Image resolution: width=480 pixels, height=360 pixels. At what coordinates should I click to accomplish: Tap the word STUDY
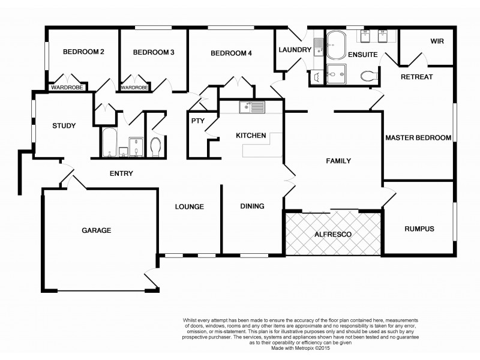64,126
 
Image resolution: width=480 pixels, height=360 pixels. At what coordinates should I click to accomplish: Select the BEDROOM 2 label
83,53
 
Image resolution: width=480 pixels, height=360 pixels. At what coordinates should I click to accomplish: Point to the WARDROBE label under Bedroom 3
134,88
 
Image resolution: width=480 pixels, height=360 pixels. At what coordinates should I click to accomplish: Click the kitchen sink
251,107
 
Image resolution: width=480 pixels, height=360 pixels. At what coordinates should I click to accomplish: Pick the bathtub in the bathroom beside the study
111,143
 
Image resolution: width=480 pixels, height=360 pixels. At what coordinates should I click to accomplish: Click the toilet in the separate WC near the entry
155,146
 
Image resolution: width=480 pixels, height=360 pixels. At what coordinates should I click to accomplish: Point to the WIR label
436,41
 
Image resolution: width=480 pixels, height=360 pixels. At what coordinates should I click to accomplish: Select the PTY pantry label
197,121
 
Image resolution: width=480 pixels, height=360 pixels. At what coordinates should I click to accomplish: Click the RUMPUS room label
419,229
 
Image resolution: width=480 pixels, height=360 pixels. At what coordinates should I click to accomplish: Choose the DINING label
252,206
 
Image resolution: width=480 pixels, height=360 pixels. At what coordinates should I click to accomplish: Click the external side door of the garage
151,280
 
